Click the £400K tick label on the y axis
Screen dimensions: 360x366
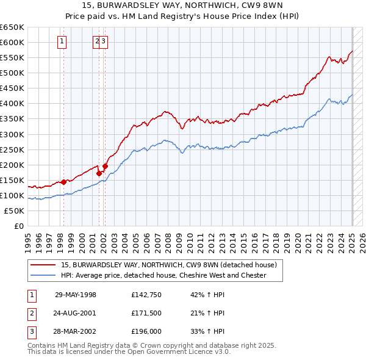click(12, 103)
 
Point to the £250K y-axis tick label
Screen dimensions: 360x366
click(12, 149)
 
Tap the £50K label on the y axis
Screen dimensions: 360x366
click(14, 211)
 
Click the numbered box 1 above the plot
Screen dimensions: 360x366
click(63, 41)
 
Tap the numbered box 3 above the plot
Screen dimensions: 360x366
click(104, 41)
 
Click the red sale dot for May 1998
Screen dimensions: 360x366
click(63, 182)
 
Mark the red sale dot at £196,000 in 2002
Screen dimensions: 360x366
click(105, 165)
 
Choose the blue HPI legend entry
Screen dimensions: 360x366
click(163, 275)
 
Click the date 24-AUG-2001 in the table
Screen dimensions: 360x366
click(76, 313)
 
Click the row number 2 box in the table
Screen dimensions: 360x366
click(32, 313)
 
